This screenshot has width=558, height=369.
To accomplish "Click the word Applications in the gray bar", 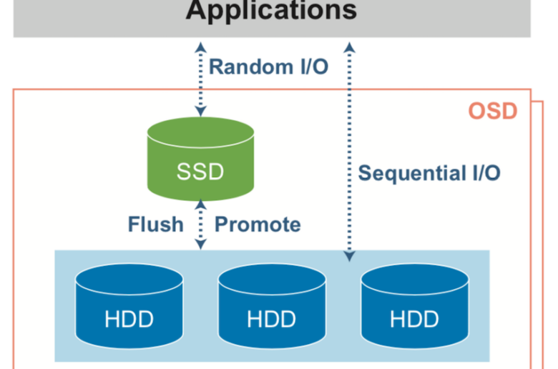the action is click(271, 10).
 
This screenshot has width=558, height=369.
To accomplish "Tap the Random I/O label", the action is click(268, 67).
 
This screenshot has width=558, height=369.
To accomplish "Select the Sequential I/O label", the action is click(429, 173).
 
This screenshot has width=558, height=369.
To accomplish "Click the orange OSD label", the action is click(492, 111).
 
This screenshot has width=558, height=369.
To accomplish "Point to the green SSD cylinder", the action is click(200, 159).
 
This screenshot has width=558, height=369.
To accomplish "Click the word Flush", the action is click(155, 224).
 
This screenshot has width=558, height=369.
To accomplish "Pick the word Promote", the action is click(258, 224).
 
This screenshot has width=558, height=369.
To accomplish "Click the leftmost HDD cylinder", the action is click(129, 306).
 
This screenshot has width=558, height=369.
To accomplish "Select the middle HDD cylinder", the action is click(272, 306).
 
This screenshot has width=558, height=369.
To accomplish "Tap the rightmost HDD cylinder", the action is click(415, 306).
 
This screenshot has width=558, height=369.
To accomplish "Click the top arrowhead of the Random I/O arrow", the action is click(201, 47).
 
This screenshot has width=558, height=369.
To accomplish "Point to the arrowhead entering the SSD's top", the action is click(201, 111).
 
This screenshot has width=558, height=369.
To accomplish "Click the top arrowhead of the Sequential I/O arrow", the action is click(349, 47).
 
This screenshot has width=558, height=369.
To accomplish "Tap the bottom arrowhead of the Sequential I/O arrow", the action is click(349, 257).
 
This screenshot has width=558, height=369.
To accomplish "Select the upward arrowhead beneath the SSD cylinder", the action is click(201, 205).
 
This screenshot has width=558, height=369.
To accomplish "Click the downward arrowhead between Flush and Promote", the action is click(201, 244).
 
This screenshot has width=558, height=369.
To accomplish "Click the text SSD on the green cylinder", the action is click(200, 172).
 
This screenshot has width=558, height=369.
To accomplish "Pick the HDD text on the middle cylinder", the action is click(272, 319).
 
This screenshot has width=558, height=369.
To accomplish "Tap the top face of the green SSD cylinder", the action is click(200, 132).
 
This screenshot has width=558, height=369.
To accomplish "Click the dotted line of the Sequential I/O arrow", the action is click(349, 152).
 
